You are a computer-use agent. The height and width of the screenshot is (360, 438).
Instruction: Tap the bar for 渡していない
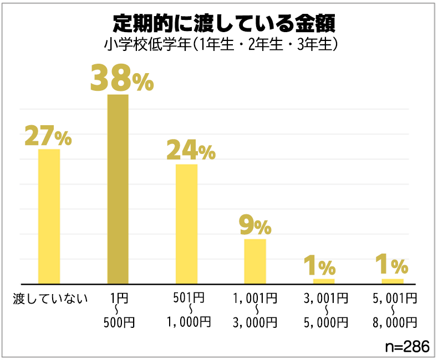(49, 217)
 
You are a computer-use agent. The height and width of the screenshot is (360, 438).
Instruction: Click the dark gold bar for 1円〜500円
(118, 189)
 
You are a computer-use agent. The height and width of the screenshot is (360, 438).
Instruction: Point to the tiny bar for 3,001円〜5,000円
(324, 281)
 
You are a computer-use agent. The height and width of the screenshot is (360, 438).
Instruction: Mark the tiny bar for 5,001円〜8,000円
(393, 281)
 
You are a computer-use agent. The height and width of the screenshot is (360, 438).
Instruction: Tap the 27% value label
(48, 137)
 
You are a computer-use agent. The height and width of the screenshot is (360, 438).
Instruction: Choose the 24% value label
(191, 151)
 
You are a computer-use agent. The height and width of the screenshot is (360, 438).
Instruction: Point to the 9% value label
(255, 226)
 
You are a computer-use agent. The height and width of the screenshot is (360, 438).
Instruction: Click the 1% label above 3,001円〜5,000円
(320, 266)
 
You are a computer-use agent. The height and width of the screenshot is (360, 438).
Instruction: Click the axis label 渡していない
(50, 299)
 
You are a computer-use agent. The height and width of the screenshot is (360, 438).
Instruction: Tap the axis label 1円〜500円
(118, 310)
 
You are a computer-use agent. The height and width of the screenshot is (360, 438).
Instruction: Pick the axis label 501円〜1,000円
(189, 310)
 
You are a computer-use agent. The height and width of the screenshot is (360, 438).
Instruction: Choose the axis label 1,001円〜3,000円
(256, 310)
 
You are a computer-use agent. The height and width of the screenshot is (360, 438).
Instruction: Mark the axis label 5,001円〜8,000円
(394, 310)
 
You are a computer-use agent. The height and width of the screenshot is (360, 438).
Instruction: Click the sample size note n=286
(408, 346)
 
